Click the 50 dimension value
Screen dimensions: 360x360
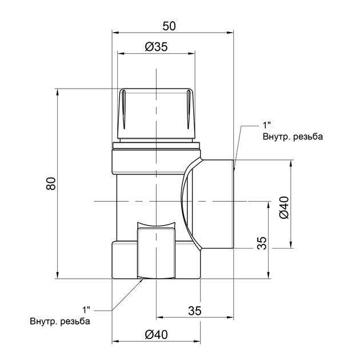(x=169, y=26)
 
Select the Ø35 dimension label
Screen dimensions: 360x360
(x=157, y=47)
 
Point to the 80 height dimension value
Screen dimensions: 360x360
(x=51, y=183)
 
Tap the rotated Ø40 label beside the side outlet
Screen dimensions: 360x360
(x=284, y=207)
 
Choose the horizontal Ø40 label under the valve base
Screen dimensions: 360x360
(x=157, y=334)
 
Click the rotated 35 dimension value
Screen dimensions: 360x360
(x=262, y=243)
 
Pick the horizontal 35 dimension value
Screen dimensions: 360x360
(x=195, y=311)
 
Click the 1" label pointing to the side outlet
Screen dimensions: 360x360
(x=267, y=125)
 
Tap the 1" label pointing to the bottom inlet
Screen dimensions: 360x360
(x=86, y=310)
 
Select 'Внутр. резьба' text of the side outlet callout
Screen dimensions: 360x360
(x=293, y=137)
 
